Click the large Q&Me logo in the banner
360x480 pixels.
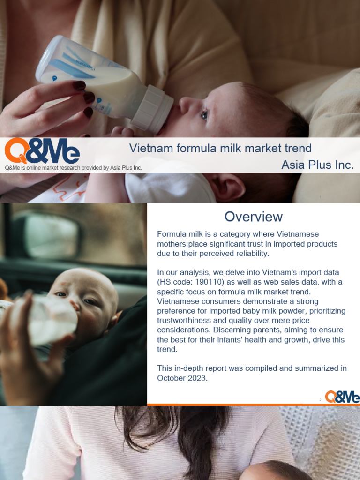tap(42, 151)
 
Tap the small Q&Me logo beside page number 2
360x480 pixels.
tap(342, 397)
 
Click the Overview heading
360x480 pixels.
tap(253, 217)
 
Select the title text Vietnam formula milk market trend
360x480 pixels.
tap(220, 149)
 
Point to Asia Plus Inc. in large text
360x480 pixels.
tap(317, 165)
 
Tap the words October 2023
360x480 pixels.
tap(182, 378)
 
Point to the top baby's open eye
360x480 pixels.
tap(205, 114)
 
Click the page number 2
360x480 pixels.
tap(320, 400)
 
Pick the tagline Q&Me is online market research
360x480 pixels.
tap(73, 168)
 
